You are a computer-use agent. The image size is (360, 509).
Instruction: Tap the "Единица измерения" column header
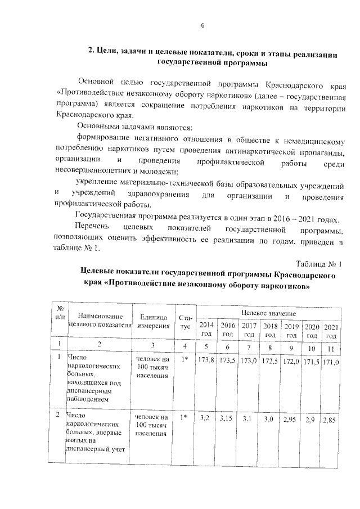pyautogui.click(x=151, y=320)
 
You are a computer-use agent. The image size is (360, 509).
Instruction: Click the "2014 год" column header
pyautogui.click(x=207, y=330)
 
